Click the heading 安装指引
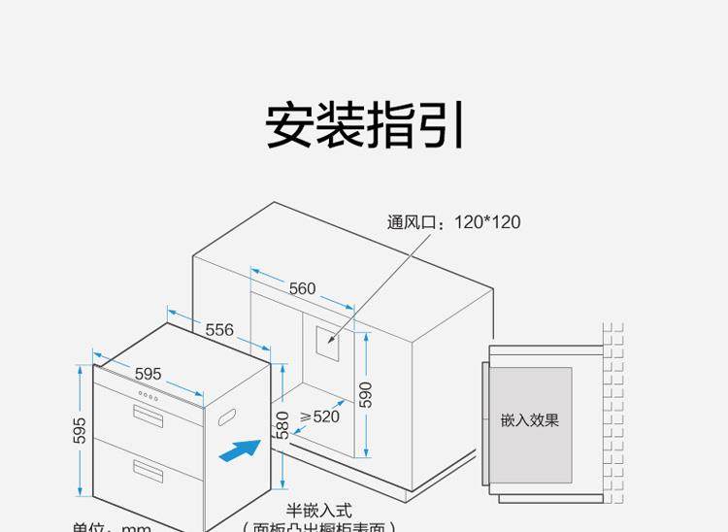point(364,126)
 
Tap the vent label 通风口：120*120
point(453,222)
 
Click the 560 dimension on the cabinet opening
point(302,288)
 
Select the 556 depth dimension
point(219,330)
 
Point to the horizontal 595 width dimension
point(148,374)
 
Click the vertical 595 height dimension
point(80,431)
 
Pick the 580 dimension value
point(281,424)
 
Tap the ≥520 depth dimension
point(319,416)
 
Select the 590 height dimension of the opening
point(366,394)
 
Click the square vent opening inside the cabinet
point(326,339)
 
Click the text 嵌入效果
point(530,420)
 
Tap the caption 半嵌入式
point(318,510)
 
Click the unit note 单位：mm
point(113,527)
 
